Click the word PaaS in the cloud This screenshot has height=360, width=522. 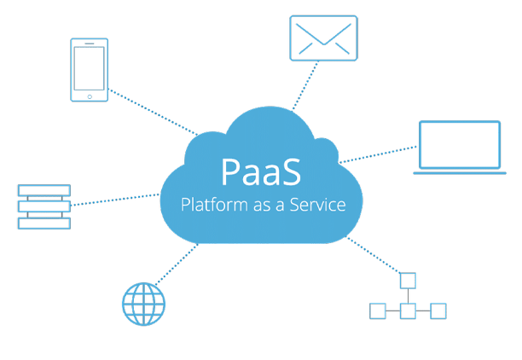260,171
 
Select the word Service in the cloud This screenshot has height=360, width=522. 316,205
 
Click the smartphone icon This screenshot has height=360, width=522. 90,69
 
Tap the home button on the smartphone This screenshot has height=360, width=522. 90,95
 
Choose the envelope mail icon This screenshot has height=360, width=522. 322,38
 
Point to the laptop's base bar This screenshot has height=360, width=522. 460,172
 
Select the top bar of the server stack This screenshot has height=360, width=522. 43,191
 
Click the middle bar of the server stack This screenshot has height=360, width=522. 43,206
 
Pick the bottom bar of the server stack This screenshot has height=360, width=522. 43,223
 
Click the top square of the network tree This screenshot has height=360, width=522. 408,280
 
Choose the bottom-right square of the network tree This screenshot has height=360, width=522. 438,311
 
